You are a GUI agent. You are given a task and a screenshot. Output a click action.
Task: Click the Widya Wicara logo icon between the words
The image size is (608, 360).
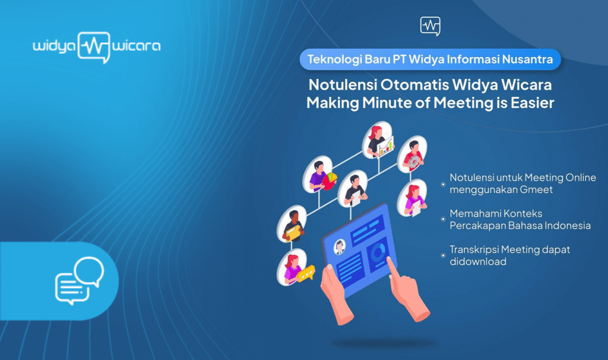point(94,48)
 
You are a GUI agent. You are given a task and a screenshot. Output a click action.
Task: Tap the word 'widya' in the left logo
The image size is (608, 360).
point(54,46)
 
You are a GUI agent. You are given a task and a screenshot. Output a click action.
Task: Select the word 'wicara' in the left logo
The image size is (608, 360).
point(136,46)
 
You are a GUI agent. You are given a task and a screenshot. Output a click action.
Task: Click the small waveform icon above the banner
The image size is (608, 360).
point(430,26)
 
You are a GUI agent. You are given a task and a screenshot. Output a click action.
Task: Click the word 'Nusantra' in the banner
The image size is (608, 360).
point(527,59)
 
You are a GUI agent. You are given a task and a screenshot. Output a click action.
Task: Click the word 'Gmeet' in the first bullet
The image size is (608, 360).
point(536,190)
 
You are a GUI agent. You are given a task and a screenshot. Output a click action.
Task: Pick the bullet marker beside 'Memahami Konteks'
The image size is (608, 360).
point(443,219)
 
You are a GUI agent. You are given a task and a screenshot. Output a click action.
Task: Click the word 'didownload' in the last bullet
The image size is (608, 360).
point(478,262)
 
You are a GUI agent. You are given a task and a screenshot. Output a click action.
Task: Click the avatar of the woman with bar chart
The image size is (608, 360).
point(378,140)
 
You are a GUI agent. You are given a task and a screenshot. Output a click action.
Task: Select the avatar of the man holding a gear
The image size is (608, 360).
point(412,154)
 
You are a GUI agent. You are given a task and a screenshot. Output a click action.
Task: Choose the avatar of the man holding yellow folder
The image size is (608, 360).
point(292,224)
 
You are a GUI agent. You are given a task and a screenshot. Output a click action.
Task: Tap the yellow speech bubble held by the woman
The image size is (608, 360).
point(306,273)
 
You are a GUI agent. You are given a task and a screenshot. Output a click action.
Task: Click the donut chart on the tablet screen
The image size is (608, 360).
point(378,253)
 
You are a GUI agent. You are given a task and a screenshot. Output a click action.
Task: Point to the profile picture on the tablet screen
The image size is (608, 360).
point(340,247)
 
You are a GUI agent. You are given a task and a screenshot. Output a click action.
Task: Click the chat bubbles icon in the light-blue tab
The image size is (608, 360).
point(80,280)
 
